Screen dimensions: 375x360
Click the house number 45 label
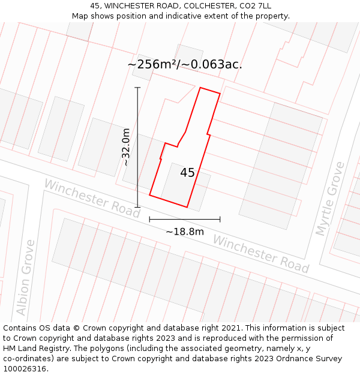[187, 173]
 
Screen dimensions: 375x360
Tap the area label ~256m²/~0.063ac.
[185, 65]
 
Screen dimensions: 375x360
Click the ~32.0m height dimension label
[126, 147]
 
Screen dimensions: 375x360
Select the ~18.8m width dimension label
[185, 232]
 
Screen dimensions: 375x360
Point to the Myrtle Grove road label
[331, 199]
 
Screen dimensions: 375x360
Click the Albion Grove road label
[26, 278]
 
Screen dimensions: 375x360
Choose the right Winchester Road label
[260, 253]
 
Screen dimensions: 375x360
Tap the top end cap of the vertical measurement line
[137, 88]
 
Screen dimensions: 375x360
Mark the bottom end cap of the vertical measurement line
[137, 207]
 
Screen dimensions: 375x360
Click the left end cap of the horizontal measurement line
[149, 219]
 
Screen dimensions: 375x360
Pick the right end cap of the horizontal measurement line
[220, 219]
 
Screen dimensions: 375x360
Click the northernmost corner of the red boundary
[200, 88]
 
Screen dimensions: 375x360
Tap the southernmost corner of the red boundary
[187, 208]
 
